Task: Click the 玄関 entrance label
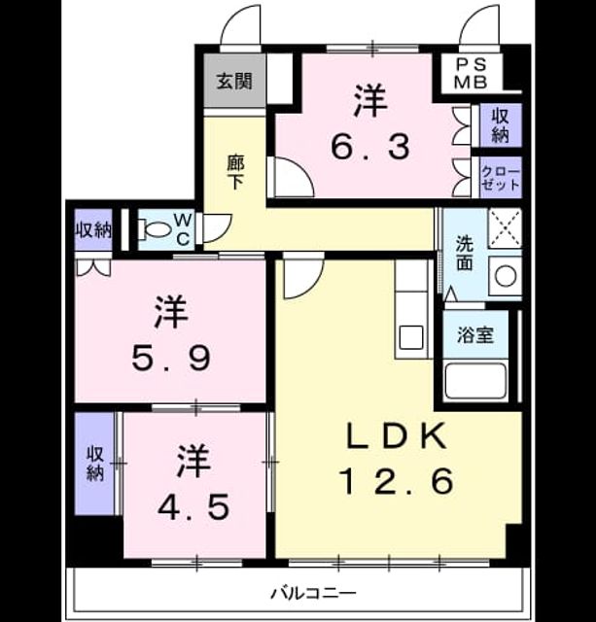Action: pyautogui.click(x=234, y=82)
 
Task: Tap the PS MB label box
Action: pyautogui.click(x=471, y=74)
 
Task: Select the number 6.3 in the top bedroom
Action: pyautogui.click(x=370, y=147)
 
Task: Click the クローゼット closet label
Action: pyautogui.click(x=500, y=179)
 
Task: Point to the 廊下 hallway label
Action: pyautogui.click(x=235, y=173)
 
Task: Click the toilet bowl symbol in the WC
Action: pyautogui.click(x=155, y=229)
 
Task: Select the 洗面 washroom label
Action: pyautogui.click(x=464, y=253)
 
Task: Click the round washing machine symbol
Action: pyautogui.click(x=506, y=275)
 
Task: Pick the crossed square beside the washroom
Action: pyautogui.click(x=505, y=228)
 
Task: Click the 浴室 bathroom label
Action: pyautogui.click(x=475, y=335)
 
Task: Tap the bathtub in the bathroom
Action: pyautogui.click(x=475, y=382)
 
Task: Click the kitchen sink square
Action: pyautogui.click(x=411, y=337)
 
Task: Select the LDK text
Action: pyautogui.click(x=396, y=436)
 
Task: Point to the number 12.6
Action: pyautogui.click(x=397, y=481)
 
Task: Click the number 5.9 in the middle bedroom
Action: pyautogui.click(x=171, y=358)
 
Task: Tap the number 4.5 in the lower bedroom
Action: pyautogui.click(x=193, y=507)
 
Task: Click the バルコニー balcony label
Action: pyautogui.click(x=313, y=594)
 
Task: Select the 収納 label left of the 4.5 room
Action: pyautogui.click(x=95, y=464)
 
